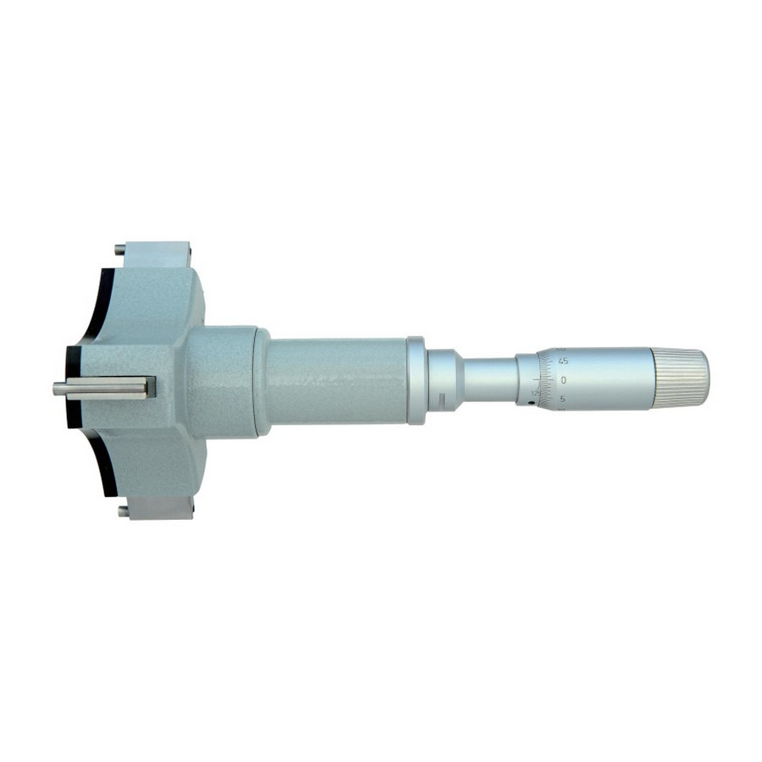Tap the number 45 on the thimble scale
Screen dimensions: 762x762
tap(564, 360)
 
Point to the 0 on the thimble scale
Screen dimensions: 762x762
tap(564, 379)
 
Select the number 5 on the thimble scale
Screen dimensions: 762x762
tap(564, 399)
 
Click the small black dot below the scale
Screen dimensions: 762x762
tap(531, 403)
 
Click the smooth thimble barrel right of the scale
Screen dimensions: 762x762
tap(610, 378)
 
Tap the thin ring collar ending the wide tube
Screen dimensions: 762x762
tap(416, 380)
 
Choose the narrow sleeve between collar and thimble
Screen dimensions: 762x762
tap(489, 380)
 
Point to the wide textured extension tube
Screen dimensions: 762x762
tap(339, 381)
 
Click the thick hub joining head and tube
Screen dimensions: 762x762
tap(222, 383)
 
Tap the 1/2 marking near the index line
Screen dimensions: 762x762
tap(533, 392)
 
